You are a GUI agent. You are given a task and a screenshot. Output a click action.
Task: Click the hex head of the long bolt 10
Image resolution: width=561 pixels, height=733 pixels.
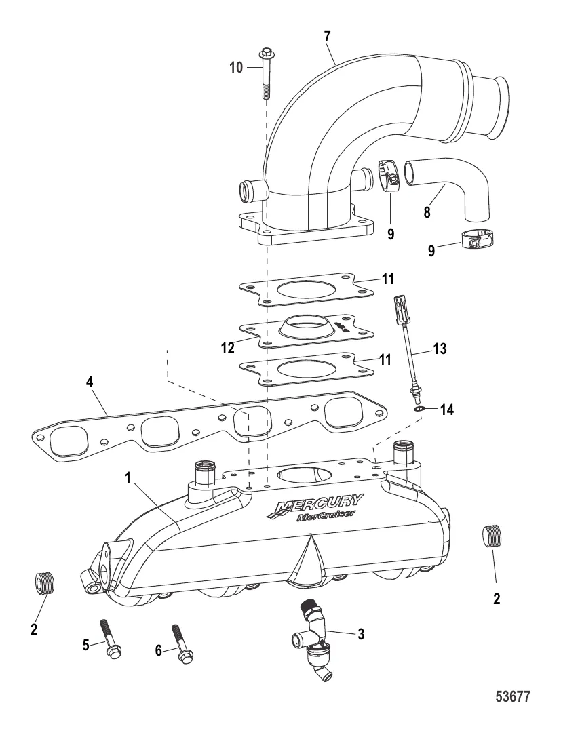pos(264,53)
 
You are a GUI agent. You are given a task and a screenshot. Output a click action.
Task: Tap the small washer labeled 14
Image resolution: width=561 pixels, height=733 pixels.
pos(416,410)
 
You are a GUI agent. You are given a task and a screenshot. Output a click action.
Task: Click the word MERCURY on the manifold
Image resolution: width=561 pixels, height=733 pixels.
pos(319,505)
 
